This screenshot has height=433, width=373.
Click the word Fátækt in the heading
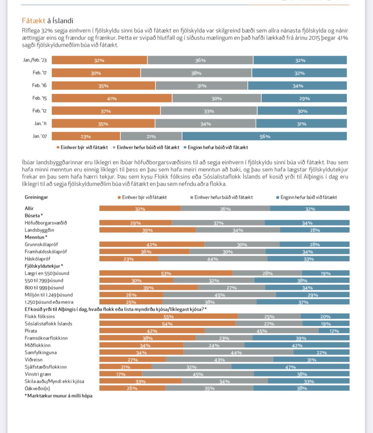(x=34, y=21)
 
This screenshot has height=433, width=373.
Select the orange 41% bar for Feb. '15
(x=112, y=98)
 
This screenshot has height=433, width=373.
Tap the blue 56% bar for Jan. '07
(x=264, y=136)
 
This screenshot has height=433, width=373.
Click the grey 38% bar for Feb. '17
(x=196, y=73)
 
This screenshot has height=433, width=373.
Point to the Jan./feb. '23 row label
(x=35, y=60)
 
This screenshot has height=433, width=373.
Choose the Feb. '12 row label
(x=40, y=111)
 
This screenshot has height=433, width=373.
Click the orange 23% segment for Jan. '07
(x=86, y=136)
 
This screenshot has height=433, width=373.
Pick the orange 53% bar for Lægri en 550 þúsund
(x=166, y=273)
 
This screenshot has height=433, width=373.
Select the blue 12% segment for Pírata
(x=334, y=331)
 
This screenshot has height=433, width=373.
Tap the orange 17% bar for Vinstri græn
(x=120, y=374)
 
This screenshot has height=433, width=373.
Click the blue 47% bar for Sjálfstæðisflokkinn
(x=290, y=367)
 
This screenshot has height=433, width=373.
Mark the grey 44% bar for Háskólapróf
(x=212, y=259)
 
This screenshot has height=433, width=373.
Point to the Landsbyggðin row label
(x=39, y=230)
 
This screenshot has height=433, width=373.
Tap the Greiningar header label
(x=36, y=197)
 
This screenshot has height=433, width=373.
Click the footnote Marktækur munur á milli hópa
(x=58, y=396)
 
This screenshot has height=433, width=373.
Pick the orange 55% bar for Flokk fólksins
(x=168, y=316)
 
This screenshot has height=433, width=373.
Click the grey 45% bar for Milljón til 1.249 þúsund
(x=219, y=295)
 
